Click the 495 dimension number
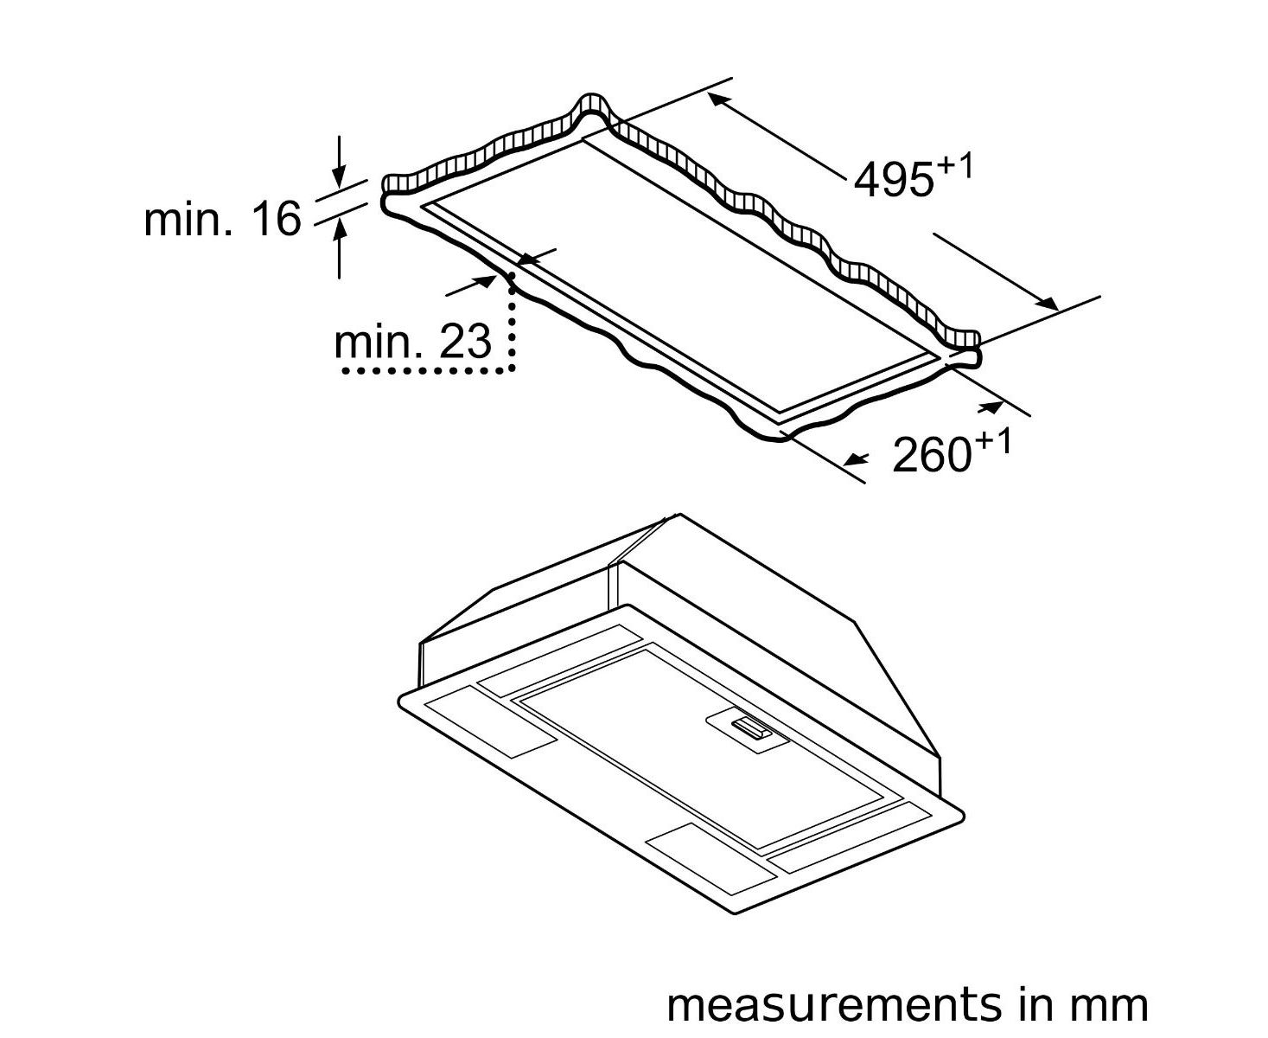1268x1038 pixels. [x=894, y=179]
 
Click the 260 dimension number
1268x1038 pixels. [x=932, y=455]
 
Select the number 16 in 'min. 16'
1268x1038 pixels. [x=277, y=219]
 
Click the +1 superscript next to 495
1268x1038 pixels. [x=953, y=165]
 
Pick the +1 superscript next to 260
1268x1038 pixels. [x=993, y=442]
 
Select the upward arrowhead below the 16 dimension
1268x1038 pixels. [x=339, y=228]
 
